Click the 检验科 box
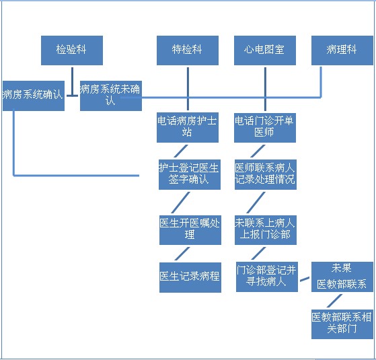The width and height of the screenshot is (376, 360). [x=72, y=50]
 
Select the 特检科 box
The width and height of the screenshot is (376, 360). [x=188, y=50]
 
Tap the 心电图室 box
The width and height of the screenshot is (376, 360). [x=265, y=50]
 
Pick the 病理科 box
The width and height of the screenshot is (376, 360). [x=342, y=50]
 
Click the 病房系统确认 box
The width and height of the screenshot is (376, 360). [x=34, y=96]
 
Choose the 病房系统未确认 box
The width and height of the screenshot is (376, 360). [x=111, y=96]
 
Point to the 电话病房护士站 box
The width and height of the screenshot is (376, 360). [x=188, y=127]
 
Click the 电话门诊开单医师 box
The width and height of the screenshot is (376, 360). [x=265, y=128]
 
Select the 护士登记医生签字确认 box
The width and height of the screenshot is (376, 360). [x=190, y=174]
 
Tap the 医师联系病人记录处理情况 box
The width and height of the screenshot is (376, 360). [x=266, y=174]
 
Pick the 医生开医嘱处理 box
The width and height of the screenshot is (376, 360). [x=190, y=230]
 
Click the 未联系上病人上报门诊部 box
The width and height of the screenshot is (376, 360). [x=266, y=230]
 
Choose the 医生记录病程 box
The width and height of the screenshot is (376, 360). [x=190, y=277]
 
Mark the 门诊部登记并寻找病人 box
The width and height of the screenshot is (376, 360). [x=267, y=277]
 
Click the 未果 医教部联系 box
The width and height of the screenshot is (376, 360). [x=342, y=277]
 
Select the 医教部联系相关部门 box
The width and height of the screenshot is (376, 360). [x=342, y=324]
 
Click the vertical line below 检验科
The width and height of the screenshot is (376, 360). [x=72, y=81]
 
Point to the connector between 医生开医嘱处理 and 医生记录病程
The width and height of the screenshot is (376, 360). [x=182, y=254]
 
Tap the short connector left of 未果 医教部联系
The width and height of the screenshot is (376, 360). [x=305, y=279]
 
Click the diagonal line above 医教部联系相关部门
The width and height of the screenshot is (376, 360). [x=334, y=301]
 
